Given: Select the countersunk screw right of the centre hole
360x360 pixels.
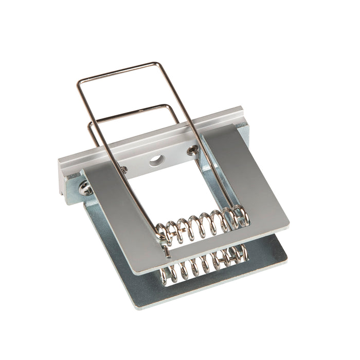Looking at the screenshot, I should pos(193,150).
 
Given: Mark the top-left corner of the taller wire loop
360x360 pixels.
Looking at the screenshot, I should pos(80,81).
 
